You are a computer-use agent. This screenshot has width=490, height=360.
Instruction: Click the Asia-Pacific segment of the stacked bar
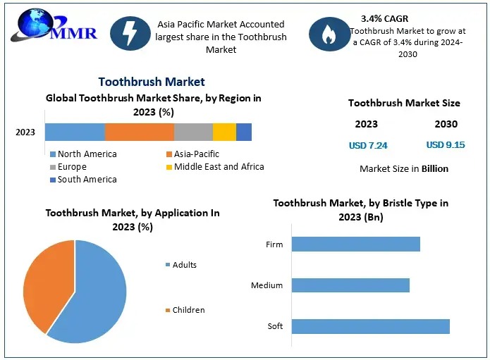(x=140, y=132)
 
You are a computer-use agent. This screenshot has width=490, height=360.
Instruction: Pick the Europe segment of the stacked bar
(x=193, y=132)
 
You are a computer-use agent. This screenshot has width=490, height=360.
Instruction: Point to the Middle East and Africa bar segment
(x=224, y=132)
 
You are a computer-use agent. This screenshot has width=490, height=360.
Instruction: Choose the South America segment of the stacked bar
(x=244, y=132)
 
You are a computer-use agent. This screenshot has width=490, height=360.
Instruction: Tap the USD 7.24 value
(x=368, y=146)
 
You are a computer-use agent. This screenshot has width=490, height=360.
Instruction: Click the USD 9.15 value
(x=446, y=145)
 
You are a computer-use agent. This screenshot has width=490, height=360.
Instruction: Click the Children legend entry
(x=185, y=310)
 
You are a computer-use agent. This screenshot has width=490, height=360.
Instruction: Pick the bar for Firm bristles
(x=355, y=244)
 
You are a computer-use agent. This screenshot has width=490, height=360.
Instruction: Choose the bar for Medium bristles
(x=350, y=285)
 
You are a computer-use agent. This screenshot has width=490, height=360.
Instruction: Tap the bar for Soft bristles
(x=370, y=326)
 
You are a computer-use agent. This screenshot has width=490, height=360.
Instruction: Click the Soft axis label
(x=275, y=326)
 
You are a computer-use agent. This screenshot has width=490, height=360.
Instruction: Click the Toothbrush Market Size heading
(x=404, y=103)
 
